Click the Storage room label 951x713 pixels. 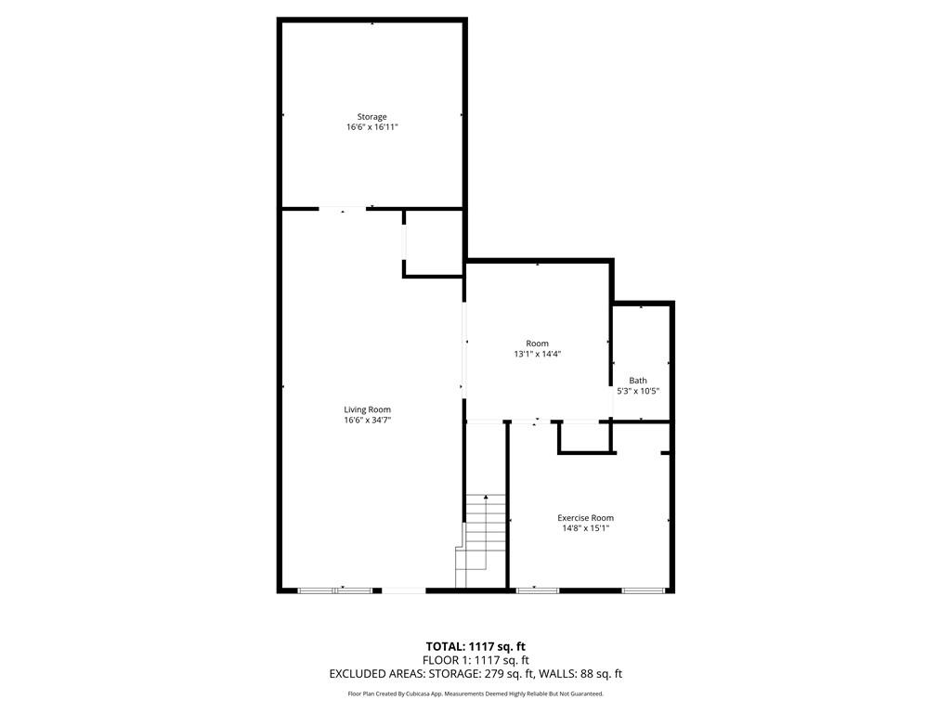(372, 117)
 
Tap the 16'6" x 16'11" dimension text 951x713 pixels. (372, 127)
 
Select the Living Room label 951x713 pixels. (367, 409)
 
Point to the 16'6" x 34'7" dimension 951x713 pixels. (367, 420)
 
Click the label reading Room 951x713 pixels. (537, 344)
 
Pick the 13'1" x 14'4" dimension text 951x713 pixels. (537, 354)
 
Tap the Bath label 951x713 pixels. (638, 381)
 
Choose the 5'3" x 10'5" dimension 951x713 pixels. (638, 391)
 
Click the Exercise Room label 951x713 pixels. (585, 518)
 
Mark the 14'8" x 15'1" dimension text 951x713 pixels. (585, 528)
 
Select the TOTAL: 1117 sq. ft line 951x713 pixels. (475, 646)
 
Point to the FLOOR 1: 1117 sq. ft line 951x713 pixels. (475, 660)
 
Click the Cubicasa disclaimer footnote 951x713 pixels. (475, 694)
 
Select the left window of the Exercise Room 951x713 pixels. (538, 590)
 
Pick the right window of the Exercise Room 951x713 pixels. (643, 590)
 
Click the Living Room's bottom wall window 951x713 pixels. (334, 590)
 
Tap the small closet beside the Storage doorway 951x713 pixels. (434, 243)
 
